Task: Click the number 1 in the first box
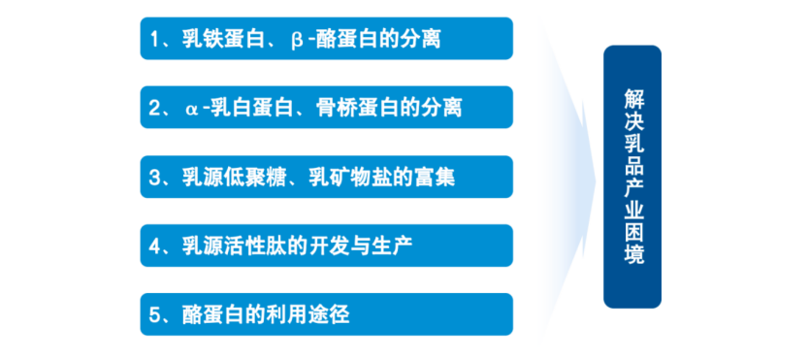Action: (154, 39)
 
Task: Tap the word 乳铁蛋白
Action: (223, 39)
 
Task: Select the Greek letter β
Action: (297, 40)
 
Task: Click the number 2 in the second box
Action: (154, 108)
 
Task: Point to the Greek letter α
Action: (190, 110)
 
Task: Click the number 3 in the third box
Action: (154, 177)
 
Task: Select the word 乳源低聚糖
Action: (234, 177)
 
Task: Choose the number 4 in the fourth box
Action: (154, 246)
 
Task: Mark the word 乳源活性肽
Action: (234, 246)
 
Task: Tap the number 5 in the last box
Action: (154, 315)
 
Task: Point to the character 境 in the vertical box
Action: (633, 254)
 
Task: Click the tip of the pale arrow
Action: (596, 180)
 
